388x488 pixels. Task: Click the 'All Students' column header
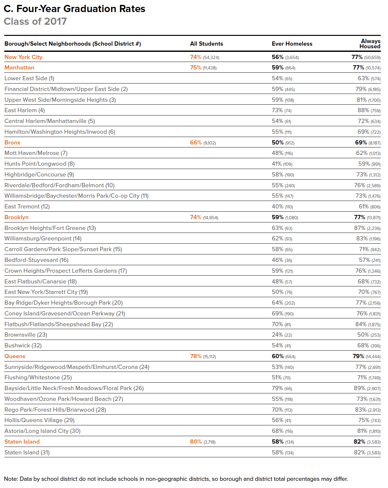pyautogui.click(x=206, y=44)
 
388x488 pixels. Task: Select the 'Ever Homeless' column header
pyautogui.click(x=292, y=44)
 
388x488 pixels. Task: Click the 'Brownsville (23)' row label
pyautogui.click(x=26, y=335)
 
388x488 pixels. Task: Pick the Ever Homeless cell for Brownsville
pyautogui.click(x=282, y=335)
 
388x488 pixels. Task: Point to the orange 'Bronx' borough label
pyautogui.click(x=12, y=143)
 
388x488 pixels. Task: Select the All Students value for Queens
pyautogui.click(x=203, y=356)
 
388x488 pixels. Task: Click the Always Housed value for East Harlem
pyautogui.click(x=369, y=110)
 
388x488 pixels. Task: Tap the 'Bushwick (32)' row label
pyautogui.click(x=23, y=345)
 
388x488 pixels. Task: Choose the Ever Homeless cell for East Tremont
pyautogui.click(x=282, y=206)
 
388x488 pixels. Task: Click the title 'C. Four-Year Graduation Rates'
pyautogui.click(x=74, y=9)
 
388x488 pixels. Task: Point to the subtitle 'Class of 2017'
pyautogui.click(x=35, y=22)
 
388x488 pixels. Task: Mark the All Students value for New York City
pyautogui.click(x=204, y=57)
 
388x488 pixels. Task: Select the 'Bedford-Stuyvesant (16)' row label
pyautogui.click(x=37, y=260)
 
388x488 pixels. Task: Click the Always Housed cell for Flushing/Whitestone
pyautogui.click(x=369, y=377)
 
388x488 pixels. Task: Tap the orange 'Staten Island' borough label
pyautogui.click(x=22, y=442)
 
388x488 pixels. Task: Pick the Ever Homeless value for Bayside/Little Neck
pyautogui.click(x=282, y=388)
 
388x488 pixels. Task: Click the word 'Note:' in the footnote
pyautogui.click(x=11, y=479)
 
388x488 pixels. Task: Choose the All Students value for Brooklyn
pyautogui.click(x=204, y=217)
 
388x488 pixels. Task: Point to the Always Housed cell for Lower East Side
pyautogui.click(x=369, y=78)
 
